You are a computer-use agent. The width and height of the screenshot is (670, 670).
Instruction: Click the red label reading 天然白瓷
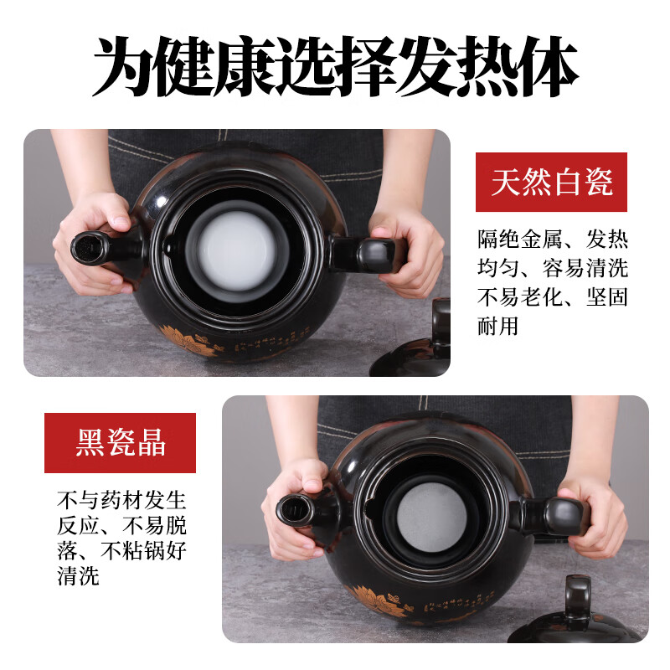(x=551, y=182)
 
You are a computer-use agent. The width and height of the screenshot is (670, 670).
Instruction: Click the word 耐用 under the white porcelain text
(x=498, y=326)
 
